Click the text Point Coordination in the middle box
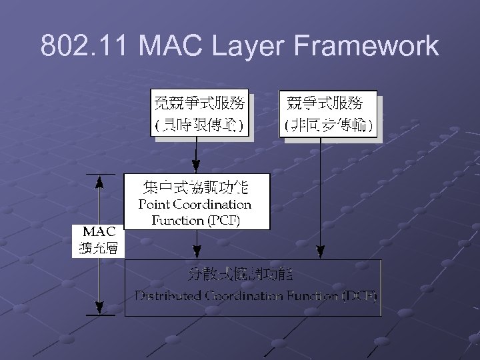195,204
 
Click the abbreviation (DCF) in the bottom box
360,295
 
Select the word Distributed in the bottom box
167,295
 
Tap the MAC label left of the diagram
99,232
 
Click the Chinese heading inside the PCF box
195,186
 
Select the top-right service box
329,113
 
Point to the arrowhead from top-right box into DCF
321,253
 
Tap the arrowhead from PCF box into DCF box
195,253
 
